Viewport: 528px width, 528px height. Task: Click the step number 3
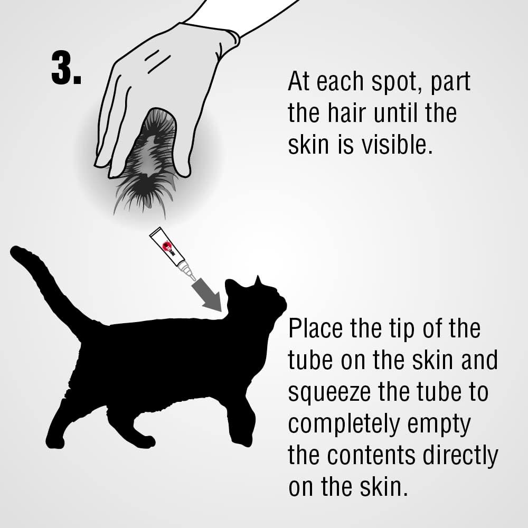point(67,69)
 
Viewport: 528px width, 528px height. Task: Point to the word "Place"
point(316,328)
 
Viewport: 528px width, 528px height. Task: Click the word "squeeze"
point(329,393)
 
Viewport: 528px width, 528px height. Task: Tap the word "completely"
point(344,425)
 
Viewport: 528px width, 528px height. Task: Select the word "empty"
point(439,425)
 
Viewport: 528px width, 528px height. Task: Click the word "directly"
point(460,457)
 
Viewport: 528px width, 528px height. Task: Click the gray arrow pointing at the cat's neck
point(207,295)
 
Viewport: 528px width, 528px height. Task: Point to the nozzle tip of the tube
point(194,278)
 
